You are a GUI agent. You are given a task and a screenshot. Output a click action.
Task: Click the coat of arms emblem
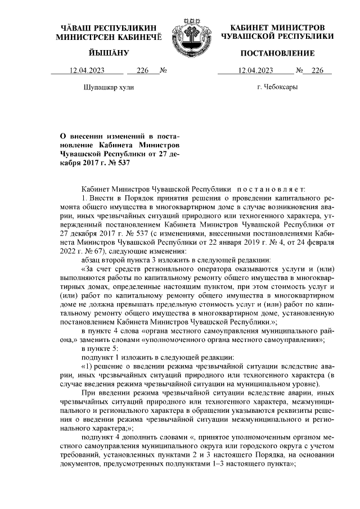190,33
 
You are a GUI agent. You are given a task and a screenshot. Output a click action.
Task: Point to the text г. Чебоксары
277,87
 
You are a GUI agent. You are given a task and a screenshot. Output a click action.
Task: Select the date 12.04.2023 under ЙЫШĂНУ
87,71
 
